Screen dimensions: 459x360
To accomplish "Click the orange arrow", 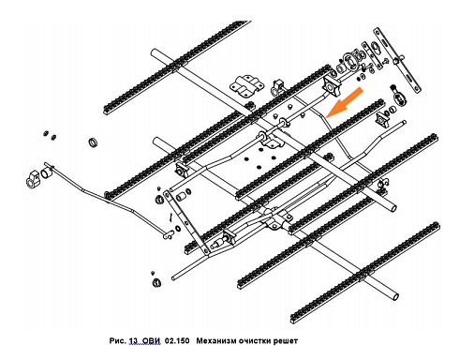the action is [344, 102].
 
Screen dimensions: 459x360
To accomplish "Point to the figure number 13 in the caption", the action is [133, 340].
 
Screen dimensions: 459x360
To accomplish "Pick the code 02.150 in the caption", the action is [177, 340].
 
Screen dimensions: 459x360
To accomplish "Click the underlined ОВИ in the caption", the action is [152, 340].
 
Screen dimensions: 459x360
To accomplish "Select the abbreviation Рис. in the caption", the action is [118, 340].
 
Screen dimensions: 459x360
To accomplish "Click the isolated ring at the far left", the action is [93, 142].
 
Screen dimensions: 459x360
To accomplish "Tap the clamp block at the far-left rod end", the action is [33, 179].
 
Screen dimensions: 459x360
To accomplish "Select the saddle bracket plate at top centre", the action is [247, 84].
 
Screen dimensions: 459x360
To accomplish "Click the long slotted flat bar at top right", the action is [397, 59].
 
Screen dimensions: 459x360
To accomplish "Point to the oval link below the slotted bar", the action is [398, 95].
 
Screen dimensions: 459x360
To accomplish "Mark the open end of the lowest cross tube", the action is [395, 295].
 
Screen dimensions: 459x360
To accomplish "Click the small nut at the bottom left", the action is [156, 283].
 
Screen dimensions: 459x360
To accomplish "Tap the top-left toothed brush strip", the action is [177, 67].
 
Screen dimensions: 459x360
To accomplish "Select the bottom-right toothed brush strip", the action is [364, 273].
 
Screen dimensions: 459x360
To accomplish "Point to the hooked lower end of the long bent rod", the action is [169, 234].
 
